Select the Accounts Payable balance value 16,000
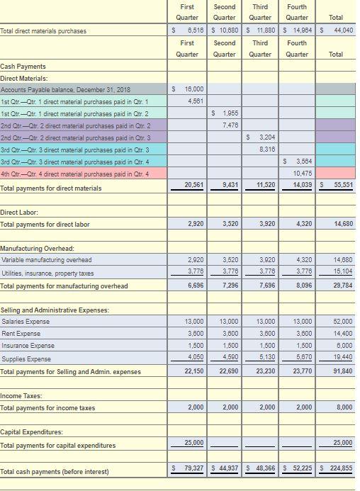point(193,89)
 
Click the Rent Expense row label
point(20,333)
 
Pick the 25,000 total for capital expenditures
point(342,443)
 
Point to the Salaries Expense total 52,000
point(342,321)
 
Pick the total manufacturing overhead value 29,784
point(342,286)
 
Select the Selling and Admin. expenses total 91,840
point(342,371)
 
